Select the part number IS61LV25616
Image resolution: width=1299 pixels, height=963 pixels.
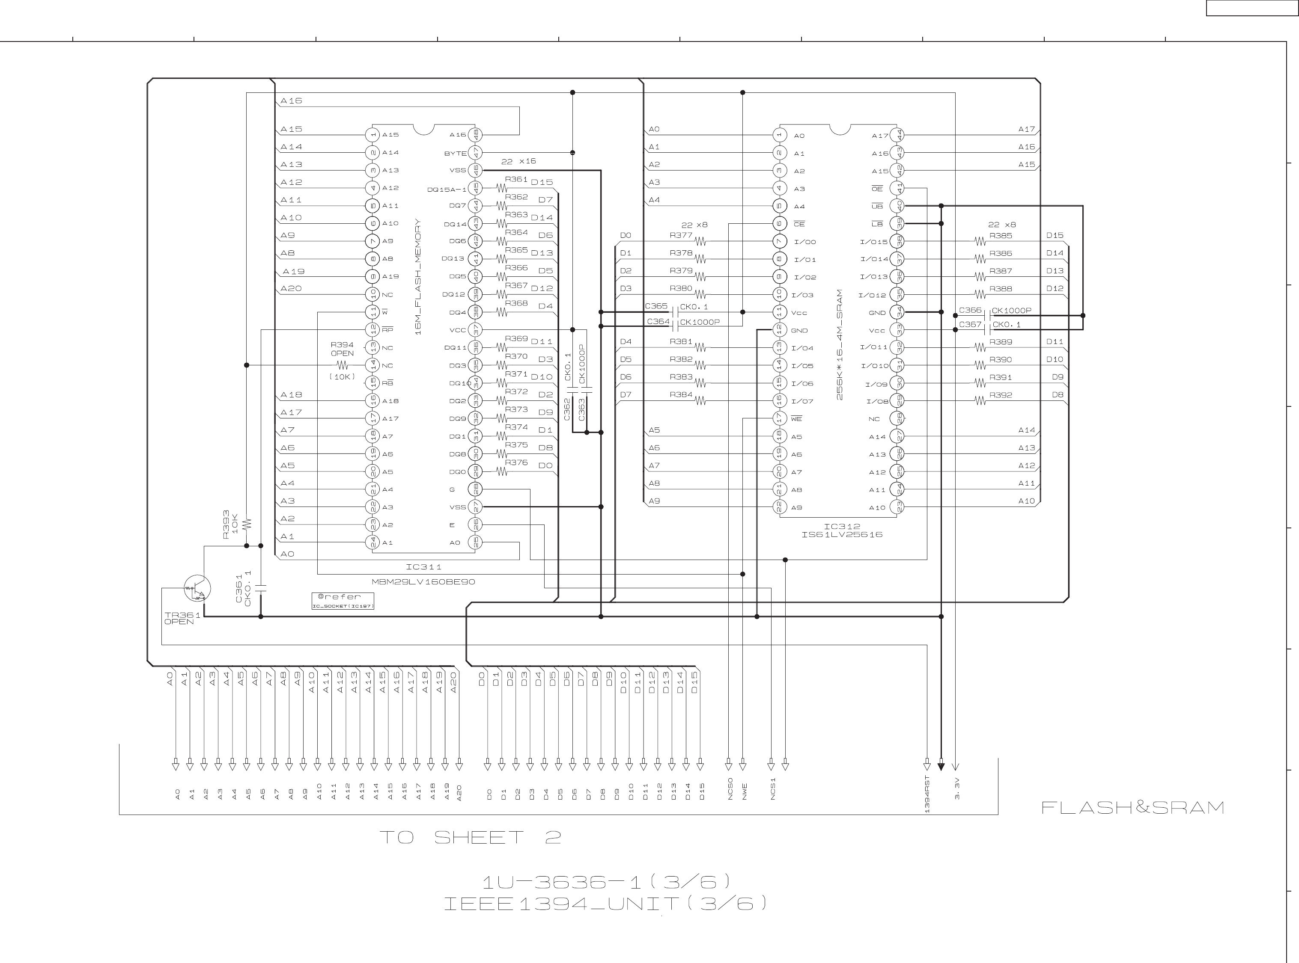tap(842, 534)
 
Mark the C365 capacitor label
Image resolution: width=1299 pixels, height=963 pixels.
tap(656, 306)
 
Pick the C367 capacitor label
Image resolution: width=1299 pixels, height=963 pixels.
tap(970, 325)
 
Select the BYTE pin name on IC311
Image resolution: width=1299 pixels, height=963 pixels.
tap(455, 153)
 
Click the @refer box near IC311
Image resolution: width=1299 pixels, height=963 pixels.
tap(343, 600)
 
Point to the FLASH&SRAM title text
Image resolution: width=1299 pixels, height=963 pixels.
tap(1132, 807)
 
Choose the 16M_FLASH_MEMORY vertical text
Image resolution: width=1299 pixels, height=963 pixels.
tap(418, 277)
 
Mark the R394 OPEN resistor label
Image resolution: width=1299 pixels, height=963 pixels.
tap(343, 349)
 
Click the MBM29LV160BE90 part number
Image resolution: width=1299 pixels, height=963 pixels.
tap(423, 582)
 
